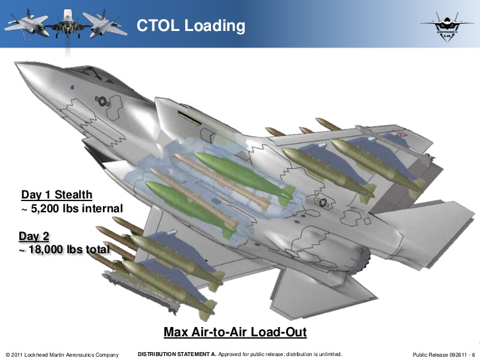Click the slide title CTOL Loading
tap(191, 26)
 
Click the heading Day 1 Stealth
tap(57, 195)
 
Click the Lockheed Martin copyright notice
tap(62, 355)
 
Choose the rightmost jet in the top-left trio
tap(105, 23)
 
